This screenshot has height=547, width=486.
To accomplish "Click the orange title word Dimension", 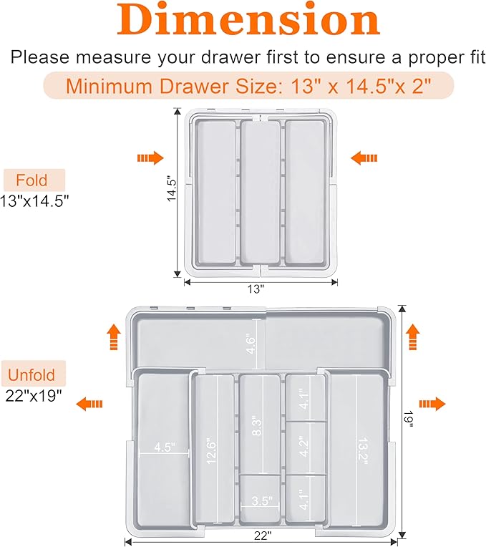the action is [248, 19].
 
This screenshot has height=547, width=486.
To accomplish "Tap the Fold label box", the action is [34, 180].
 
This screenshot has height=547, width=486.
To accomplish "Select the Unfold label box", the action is [34, 374].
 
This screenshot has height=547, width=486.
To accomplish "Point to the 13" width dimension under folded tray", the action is [256, 289].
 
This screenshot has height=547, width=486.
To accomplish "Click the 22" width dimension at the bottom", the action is [263, 536].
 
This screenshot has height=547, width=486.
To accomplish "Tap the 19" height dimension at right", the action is [408, 419].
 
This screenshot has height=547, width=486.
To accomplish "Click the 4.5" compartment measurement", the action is [165, 447].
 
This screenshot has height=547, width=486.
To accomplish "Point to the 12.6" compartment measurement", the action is [211, 451].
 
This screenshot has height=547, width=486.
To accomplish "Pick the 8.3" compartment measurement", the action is [256, 425].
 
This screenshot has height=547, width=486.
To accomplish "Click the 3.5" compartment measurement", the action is [262, 501].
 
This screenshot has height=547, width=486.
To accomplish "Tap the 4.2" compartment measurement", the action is [303, 447].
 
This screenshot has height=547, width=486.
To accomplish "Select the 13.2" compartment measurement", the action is [363, 451].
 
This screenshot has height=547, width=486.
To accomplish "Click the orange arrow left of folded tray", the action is [150, 158].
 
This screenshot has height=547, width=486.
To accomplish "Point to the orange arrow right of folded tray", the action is [364, 158].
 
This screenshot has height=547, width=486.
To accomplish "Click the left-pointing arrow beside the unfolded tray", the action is [89, 404].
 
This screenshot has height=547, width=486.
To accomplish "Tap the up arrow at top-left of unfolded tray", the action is [114, 337].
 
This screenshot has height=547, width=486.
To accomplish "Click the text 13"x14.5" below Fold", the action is [34, 201].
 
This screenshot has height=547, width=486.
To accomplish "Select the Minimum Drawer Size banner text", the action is [248, 86].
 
